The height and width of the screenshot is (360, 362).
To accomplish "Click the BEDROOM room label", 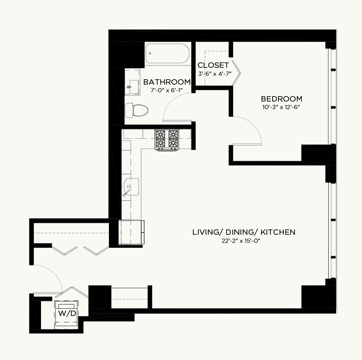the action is pos(281,99).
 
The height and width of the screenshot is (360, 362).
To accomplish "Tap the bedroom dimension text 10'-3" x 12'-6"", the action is pos(281,108).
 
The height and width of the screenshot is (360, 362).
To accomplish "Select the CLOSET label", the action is pos(213,65).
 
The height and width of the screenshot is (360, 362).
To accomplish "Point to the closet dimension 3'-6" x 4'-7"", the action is pos(215,74).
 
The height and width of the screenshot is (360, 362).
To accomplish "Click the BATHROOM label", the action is pos(167,82).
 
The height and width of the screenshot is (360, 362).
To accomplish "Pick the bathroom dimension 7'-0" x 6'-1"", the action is pos(167,90).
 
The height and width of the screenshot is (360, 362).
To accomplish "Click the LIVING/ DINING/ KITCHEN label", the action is pos(244,232).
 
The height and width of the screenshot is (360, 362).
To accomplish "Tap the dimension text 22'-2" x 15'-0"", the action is pos(241,241).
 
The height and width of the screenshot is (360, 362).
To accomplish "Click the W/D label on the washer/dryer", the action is pos(67,313).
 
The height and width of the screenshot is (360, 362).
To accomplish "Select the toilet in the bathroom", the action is pos(137,110).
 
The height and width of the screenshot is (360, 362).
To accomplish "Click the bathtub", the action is pos(167,54).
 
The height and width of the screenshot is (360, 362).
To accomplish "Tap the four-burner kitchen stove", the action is pos(167,140).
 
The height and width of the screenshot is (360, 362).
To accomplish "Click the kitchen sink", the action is pos(131,187).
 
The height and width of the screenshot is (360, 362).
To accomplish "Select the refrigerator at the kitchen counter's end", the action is pos(132,232).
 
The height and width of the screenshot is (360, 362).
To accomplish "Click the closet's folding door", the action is pos(236,73).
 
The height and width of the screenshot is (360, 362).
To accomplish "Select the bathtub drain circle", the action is pos(150,54).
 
